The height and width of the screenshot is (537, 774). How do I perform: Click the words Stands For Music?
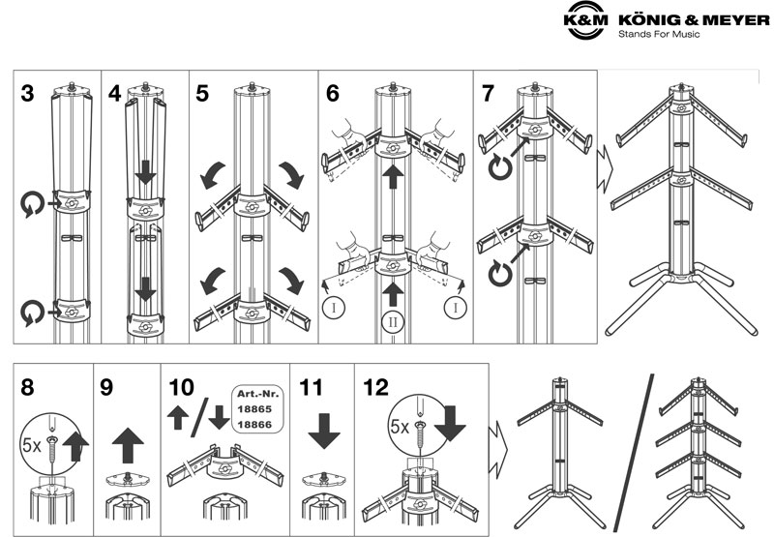click(658, 35)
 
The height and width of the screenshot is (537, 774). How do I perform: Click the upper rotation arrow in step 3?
click(30, 204)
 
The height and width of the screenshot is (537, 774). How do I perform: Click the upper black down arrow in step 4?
click(145, 172)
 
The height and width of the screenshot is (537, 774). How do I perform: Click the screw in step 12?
click(420, 425)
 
